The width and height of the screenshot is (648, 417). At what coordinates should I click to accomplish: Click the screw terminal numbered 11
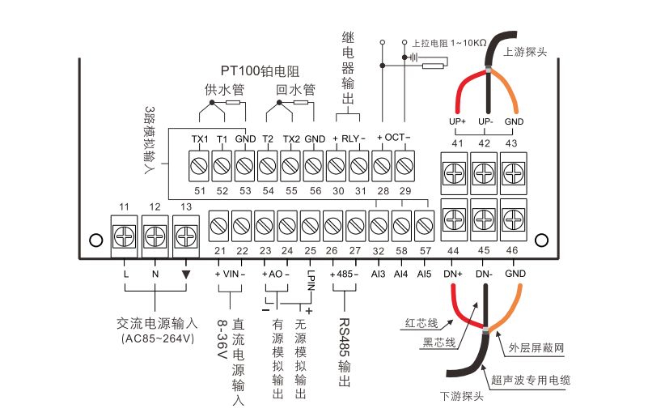pos(125,236)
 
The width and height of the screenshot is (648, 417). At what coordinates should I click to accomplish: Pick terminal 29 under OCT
pos(404,168)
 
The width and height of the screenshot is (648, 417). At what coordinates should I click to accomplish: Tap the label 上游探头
pos(526,50)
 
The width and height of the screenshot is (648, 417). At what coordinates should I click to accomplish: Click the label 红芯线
pos(421,323)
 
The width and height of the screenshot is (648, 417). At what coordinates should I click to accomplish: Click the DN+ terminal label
pos(453,274)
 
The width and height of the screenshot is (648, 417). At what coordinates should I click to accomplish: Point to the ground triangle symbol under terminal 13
pos(186,274)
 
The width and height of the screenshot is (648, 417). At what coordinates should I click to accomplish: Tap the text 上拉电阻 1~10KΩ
pos(449,42)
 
